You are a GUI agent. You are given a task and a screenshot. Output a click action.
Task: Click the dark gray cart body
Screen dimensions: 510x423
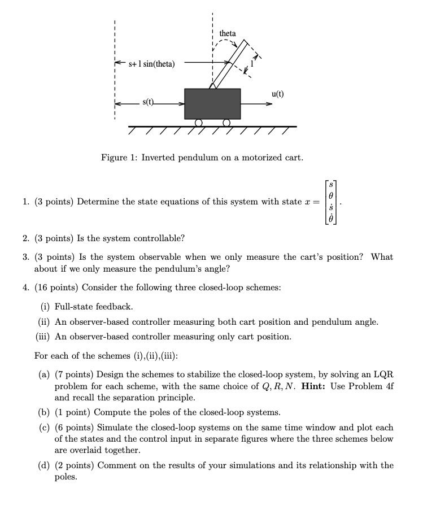[x=212, y=103]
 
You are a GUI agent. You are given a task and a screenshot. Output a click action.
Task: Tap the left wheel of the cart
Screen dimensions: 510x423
[x=198, y=122]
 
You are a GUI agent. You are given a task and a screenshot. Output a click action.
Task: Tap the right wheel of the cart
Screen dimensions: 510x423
[x=226, y=122]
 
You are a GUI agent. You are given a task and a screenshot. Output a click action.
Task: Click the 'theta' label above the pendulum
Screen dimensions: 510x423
[x=228, y=34]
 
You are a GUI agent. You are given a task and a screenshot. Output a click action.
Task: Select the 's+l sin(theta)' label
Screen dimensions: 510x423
[x=151, y=64]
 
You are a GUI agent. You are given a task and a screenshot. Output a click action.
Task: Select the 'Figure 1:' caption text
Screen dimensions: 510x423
[x=119, y=158]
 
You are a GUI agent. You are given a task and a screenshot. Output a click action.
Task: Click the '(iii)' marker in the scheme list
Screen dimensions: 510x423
[x=43, y=337]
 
